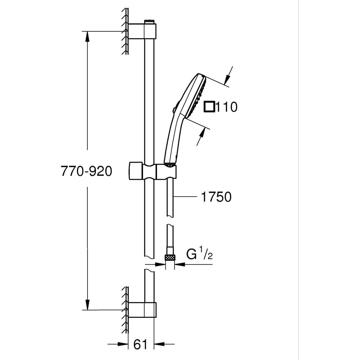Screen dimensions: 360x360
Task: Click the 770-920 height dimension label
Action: [86, 171]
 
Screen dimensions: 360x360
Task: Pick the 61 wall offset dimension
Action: [140, 345]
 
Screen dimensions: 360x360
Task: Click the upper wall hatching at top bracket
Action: [125, 31]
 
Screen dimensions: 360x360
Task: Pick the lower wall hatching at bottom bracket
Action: [125, 310]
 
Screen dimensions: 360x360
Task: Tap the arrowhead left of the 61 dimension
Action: [125, 345]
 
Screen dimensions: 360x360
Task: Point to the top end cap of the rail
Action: [149, 22]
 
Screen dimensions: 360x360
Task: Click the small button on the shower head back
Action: [174, 110]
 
